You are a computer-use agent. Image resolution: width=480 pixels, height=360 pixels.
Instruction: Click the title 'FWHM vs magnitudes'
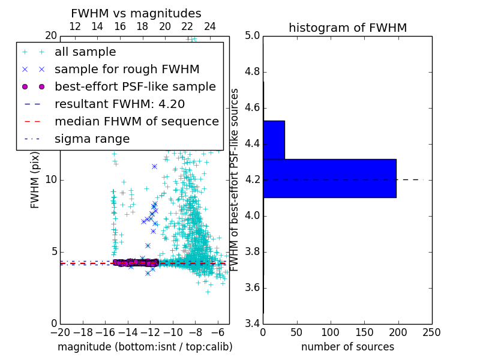136,13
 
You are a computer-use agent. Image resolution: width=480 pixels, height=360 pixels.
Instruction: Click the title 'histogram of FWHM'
347,28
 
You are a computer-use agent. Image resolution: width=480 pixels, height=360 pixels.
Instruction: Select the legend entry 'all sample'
85,52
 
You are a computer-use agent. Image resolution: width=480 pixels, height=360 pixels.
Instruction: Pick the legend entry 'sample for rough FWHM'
127,69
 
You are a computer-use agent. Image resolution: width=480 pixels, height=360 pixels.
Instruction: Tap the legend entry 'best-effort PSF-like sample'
135,86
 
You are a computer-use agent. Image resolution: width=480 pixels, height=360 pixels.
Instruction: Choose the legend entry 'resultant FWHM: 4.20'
116,104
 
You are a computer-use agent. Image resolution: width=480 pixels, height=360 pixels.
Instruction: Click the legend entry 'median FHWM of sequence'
136,121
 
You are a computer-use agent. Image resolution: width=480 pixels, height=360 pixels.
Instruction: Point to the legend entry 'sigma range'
92,139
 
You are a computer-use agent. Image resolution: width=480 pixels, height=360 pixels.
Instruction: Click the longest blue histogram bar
329,178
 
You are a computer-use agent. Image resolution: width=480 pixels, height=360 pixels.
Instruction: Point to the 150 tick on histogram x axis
364,332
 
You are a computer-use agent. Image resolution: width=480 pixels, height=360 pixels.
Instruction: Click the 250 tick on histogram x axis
431,332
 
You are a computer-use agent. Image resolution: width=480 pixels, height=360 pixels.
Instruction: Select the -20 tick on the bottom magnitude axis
60,332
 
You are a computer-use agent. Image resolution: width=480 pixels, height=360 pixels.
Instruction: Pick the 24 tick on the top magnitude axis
210,26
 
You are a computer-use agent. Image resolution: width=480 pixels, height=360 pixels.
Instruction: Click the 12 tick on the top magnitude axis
75,26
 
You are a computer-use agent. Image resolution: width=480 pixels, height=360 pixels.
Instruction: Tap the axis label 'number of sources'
347,347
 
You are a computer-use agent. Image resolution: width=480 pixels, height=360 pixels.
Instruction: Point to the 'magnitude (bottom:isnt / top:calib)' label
145,347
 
